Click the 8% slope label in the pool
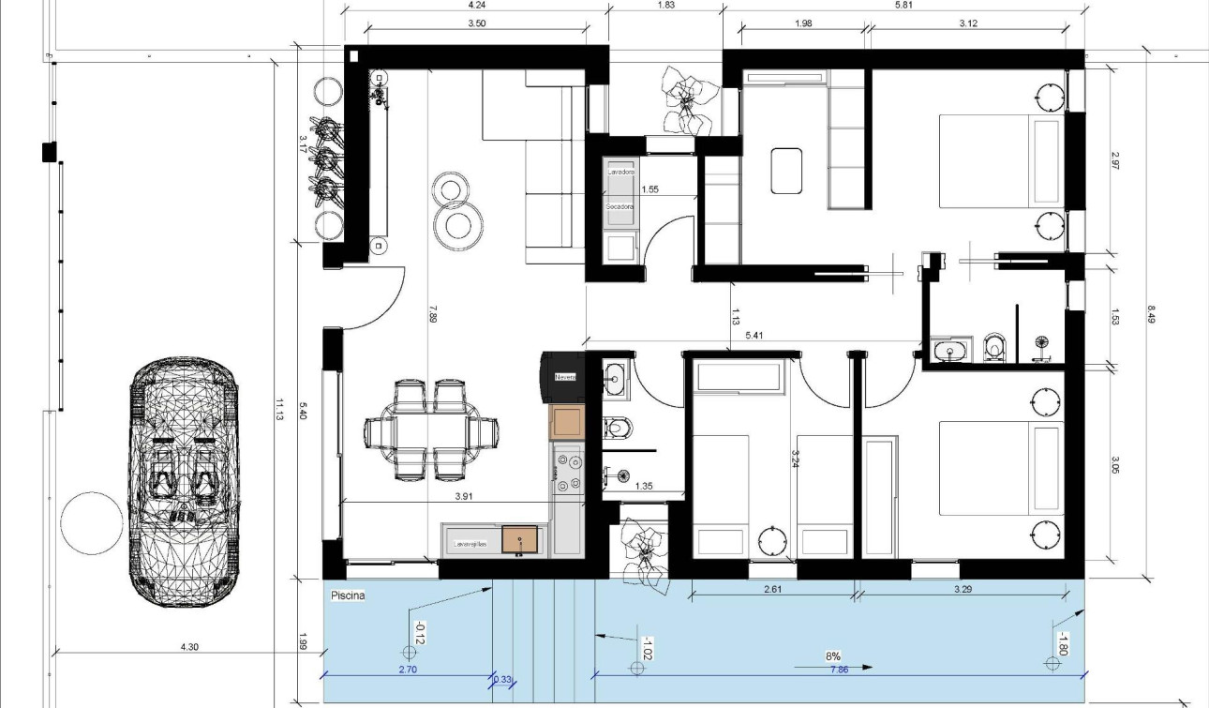coord(833,656)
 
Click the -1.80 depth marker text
coord(1062,644)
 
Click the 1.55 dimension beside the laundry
coord(649,189)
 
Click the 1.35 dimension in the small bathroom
coord(644,486)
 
